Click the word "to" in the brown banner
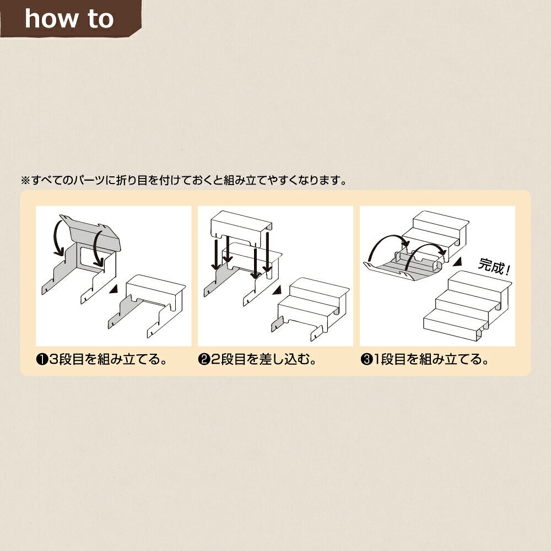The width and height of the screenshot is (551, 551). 101,19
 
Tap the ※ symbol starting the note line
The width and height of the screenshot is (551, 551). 26,181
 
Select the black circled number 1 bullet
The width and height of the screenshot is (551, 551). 42,359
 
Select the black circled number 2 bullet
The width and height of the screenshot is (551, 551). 204,359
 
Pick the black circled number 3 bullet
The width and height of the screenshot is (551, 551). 366,359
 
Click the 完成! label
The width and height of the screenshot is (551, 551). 494,267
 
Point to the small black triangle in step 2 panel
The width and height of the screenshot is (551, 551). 277,290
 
